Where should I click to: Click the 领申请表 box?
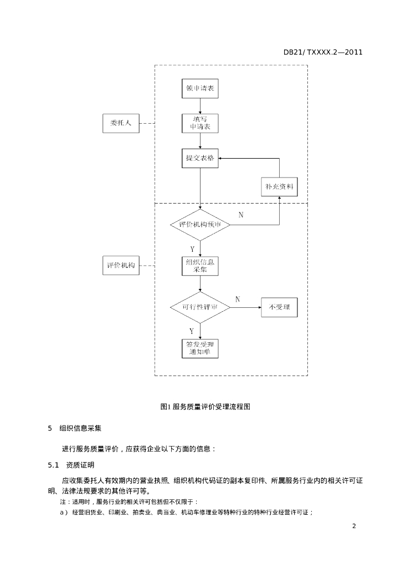pyautogui.click(x=200, y=89)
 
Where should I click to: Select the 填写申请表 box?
pyautogui.click(x=200, y=123)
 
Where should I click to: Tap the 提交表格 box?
pyautogui.click(x=200, y=158)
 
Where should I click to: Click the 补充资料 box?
pyautogui.click(x=279, y=187)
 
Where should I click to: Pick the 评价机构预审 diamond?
pyautogui.click(x=200, y=225)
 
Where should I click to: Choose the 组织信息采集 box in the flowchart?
pyautogui.click(x=200, y=266)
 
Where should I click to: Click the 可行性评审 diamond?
pyautogui.click(x=200, y=307)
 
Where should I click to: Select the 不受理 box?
pyautogui.click(x=279, y=307)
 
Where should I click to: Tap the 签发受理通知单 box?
pyautogui.click(x=200, y=348)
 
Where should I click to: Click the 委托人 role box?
pyautogui.click(x=121, y=123)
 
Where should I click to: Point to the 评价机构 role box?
pyautogui.click(x=121, y=266)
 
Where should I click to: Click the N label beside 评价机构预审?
pyautogui.click(x=240, y=215)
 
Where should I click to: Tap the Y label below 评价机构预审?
pyautogui.click(x=192, y=249)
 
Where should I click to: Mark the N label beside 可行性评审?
pyautogui.click(x=238, y=300)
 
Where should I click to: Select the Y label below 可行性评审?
pyautogui.click(x=192, y=331)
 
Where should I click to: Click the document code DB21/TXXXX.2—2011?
pyautogui.click(x=323, y=52)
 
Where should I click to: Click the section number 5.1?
pyautogui.click(x=53, y=464)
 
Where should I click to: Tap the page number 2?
pyautogui.click(x=353, y=526)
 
